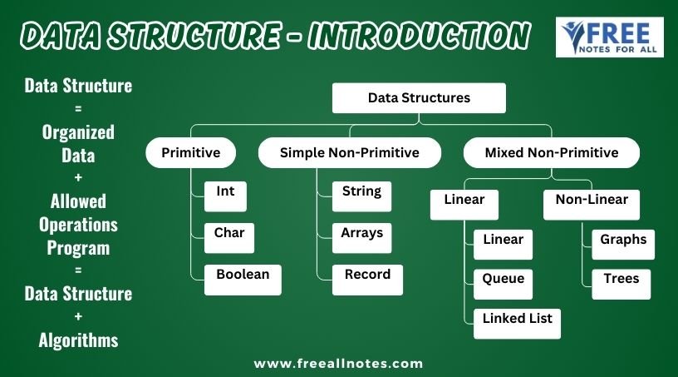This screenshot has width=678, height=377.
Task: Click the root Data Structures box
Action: click(x=419, y=98)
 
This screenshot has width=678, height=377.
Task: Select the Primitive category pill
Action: click(x=191, y=152)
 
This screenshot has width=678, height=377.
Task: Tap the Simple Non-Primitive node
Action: click(x=349, y=152)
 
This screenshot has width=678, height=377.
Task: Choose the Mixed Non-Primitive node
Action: click(x=552, y=152)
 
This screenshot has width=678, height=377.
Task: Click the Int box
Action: click(x=225, y=196)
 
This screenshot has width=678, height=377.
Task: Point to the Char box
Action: click(x=229, y=238)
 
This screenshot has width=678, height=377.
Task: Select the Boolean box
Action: click(x=243, y=280)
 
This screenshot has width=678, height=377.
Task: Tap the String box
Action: click(x=361, y=196)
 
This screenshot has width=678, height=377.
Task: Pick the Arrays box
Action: click(x=361, y=238)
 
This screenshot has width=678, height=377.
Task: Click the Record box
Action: click(x=367, y=280)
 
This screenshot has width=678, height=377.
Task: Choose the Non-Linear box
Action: click(x=592, y=205)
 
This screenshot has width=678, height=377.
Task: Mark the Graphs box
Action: click(x=623, y=245)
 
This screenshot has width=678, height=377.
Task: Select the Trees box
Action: click(x=621, y=285)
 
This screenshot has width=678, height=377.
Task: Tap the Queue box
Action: click(x=503, y=285)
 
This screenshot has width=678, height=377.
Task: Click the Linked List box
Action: click(x=517, y=324)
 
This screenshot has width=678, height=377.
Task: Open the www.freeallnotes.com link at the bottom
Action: click(x=338, y=364)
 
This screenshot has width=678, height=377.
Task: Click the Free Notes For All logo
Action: click(x=610, y=37)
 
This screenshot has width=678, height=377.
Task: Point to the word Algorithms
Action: click(x=78, y=340)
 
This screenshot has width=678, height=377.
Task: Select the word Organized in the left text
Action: click(x=78, y=132)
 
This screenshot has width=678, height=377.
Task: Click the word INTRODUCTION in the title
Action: click(x=419, y=35)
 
